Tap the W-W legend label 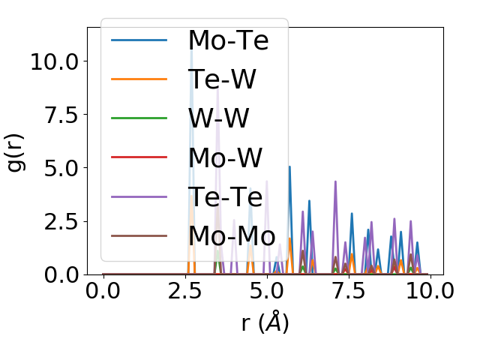pos(219,118)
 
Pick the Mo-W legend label pos(225,157)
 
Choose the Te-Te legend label pos(225,196)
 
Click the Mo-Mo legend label pos(232,235)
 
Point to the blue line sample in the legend pos(139,40)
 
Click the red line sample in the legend pos(139,157)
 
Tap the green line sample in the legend pos(139,118)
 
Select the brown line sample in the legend pos(139,235)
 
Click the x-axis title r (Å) pos(265,322)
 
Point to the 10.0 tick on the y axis pos(52,61)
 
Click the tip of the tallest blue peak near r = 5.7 pos(289,166)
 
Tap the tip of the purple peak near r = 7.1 pos(335,181)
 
